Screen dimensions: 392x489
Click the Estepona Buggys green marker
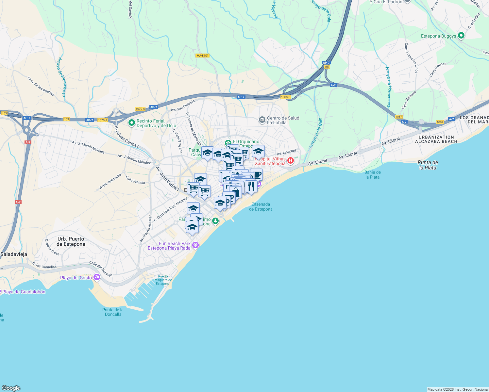click(461, 36)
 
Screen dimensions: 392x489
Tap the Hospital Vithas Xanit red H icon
click(290, 161)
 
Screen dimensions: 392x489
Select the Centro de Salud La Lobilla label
click(283, 120)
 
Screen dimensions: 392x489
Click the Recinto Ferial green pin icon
click(132, 123)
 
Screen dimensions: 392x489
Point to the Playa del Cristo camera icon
click(96, 278)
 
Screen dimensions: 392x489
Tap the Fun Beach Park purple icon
click(195, 245)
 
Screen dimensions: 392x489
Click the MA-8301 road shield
click(202, 56)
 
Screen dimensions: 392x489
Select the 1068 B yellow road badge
click(285, 97)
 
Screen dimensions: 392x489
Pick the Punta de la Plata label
click(428, 165)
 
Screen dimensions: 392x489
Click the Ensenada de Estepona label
click(261, 207)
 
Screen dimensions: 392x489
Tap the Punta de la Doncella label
click(113, 312)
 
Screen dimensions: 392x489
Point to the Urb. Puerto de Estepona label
click(71, 241)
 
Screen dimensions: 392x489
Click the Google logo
click(11, 388)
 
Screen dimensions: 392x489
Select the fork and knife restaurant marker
click(251, 186)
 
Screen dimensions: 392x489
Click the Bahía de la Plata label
click(372, 175)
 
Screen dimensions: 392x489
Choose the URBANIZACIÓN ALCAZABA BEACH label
click(436, 139)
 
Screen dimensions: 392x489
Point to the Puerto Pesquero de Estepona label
click(162, 280)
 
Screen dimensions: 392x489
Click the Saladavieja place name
click(14, 254)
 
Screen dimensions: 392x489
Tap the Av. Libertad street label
click(286, 152)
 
